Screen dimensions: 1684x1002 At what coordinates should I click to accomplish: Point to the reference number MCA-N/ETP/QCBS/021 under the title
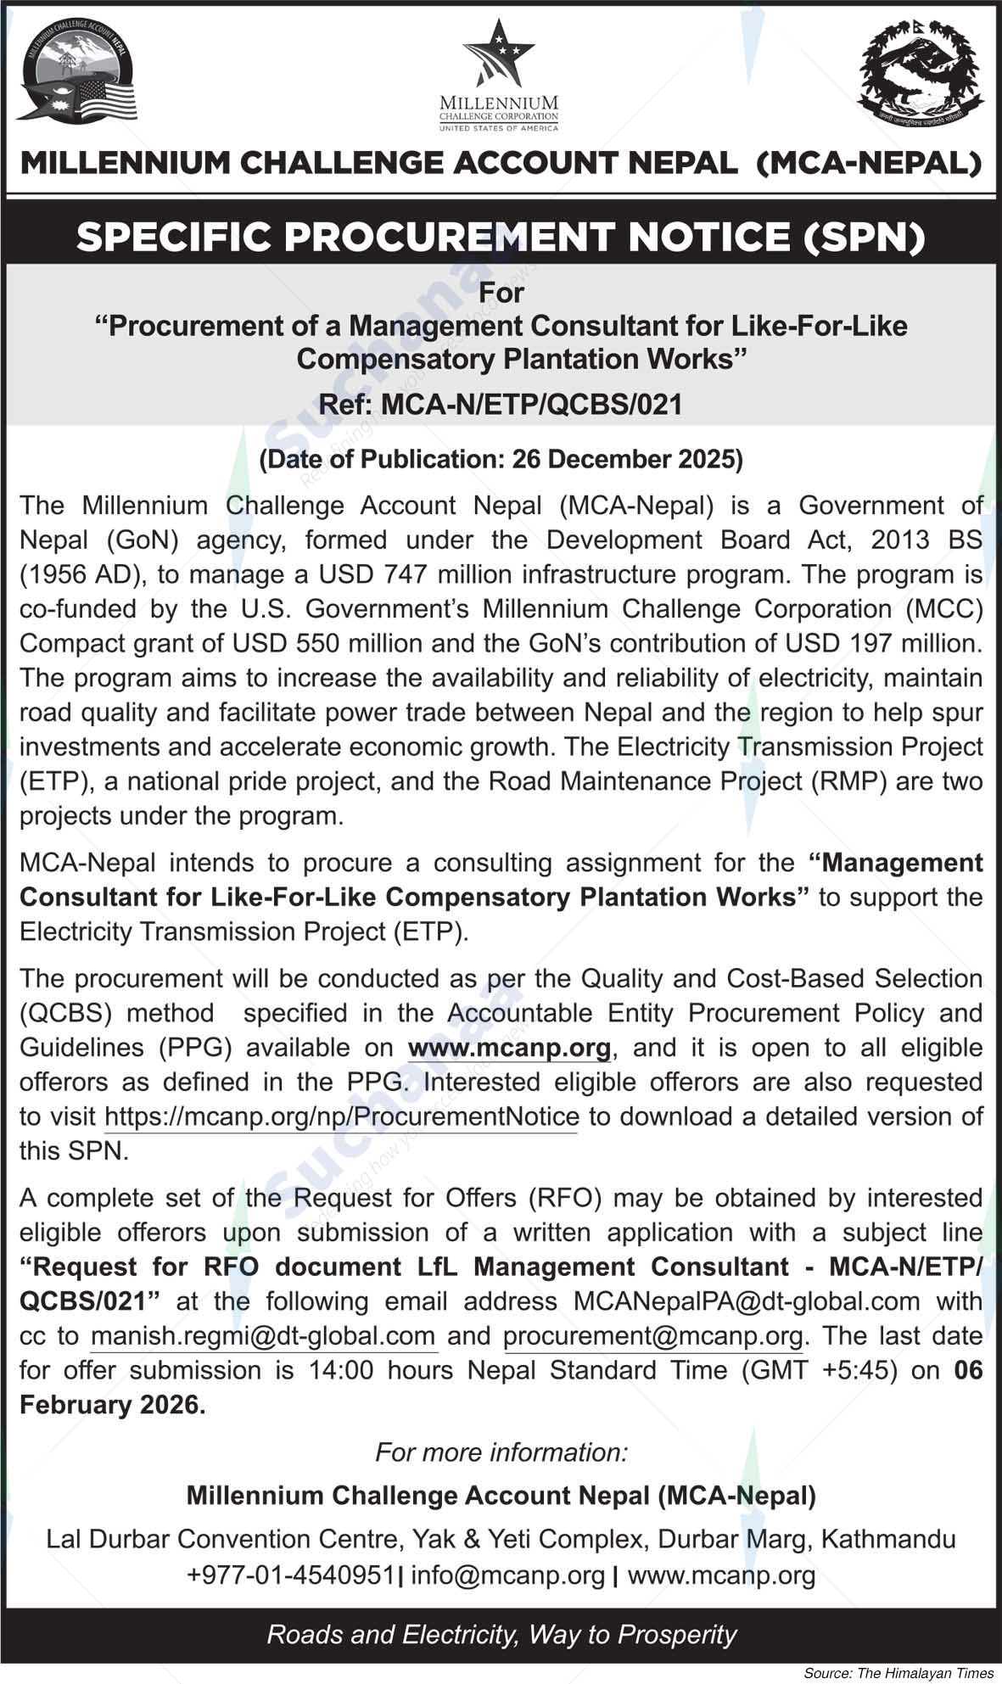coord(532,405)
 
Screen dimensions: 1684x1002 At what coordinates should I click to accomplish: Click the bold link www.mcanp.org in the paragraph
coord(509,1048)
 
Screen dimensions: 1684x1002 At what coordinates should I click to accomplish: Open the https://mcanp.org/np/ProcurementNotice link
coord(341,1117)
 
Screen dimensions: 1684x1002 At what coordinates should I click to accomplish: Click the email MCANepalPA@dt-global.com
coord(747,1301)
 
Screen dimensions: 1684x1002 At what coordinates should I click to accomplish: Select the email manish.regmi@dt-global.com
coord(263,1336)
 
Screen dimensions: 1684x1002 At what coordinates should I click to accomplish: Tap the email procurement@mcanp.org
coord(652,1336)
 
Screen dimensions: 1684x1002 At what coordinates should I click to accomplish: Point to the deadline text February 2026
coord(112,1406)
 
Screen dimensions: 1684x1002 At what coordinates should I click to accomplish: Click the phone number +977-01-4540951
coord(291,1575)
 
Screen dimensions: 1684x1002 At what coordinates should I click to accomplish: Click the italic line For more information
coord(501,1452)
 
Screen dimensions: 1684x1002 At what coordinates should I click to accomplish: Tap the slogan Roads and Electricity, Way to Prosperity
coord(501,1635)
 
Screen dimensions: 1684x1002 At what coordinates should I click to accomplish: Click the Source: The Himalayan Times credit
coord(898,1673)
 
